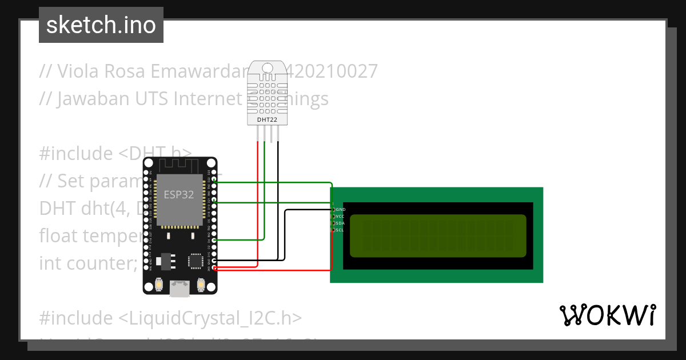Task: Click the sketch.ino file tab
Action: (x=101, y=25)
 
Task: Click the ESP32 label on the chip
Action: (x=178, y=194)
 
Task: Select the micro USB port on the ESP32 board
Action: (x=180, y=289)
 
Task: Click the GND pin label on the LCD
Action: (x=341, y=210)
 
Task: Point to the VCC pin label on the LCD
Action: (x=340, y=217)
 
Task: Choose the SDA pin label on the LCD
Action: (x=340, y=223)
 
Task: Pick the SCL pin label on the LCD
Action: (x=340, y=230)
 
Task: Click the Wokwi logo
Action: (x=607, y=315)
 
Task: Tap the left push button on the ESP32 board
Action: (x=158, y=284)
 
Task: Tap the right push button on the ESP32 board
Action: (x=201, y=284)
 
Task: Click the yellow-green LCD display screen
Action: (x=437, y=236)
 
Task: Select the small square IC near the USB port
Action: (x=196, y=261)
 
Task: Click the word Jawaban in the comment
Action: (x=85, y=99)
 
